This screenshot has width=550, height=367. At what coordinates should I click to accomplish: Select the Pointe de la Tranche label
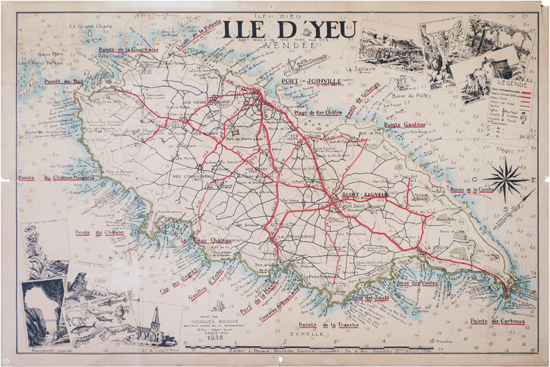[x=327, y=325]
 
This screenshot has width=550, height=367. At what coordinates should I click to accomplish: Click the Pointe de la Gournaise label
[x=129, y=50]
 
